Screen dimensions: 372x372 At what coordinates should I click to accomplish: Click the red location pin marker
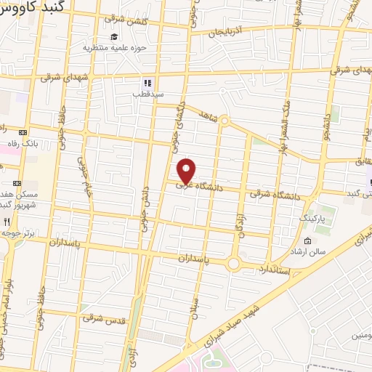(187, 171)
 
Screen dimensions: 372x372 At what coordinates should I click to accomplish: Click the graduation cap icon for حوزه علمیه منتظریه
(113, 37)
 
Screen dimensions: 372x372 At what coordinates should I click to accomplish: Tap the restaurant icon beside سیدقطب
(147, 83)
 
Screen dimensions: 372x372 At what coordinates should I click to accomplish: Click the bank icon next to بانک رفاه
(23, 133)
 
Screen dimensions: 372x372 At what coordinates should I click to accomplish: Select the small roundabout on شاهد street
(225, 121)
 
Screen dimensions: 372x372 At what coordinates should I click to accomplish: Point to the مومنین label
(360, 336)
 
